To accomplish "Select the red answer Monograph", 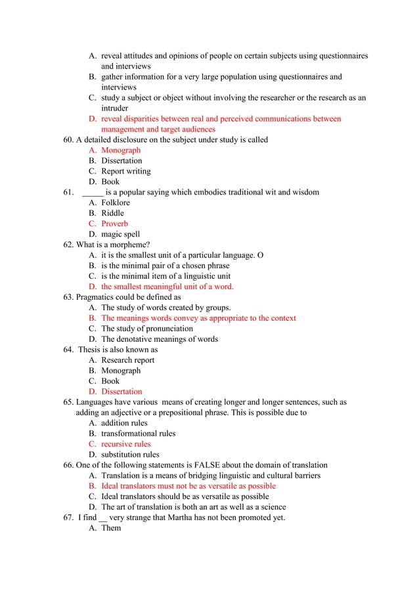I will (x=121, y=151).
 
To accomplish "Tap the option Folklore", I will (x=116, y=203).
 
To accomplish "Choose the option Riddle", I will (x=112, y=214).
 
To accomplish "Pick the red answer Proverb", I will (x=115, y=224).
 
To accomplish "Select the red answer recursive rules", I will (x=125, y=444).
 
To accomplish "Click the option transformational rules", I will (x=138, y=434).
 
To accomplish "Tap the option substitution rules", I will (x=130, y=455).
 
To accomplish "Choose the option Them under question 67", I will (x=111, y=529).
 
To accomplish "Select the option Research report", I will (x=128, y=360).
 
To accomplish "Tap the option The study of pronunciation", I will (x=147, y=329).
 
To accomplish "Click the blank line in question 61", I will (x=93, y=193).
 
